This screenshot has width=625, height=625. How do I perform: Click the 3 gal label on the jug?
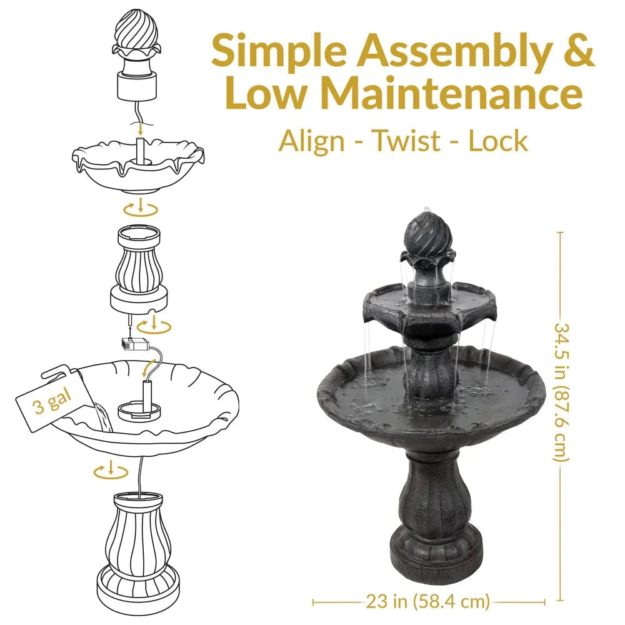click(52, 402)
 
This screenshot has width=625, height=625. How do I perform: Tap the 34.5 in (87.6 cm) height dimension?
click(561, 392)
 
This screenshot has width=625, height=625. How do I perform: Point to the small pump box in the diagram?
click(136, 344)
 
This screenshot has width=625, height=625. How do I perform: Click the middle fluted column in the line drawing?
click(139, 268)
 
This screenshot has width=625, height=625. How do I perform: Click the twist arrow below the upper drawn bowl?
click(140, 209)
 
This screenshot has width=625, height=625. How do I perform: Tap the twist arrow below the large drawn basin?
click(111, 471)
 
